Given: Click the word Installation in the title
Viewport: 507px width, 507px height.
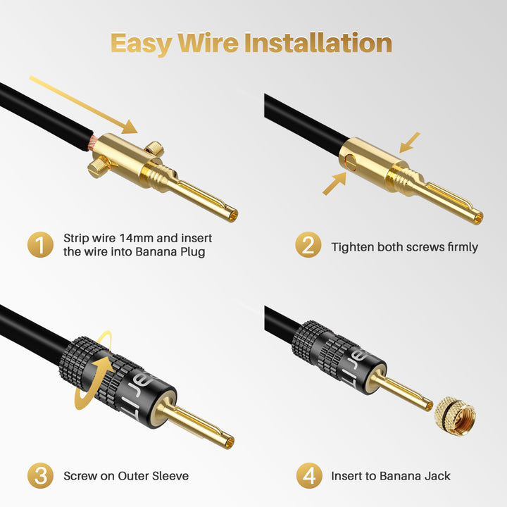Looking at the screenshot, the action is [318, 43].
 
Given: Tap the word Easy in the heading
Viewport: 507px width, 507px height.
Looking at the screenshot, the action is [141, 44].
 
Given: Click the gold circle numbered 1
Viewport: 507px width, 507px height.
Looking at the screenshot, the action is [40, 244].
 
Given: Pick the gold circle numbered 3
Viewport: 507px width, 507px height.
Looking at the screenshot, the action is [40, 475].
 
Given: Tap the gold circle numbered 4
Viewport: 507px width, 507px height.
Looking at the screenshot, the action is [309, 475].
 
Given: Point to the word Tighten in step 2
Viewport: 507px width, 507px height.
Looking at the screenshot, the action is [353, 247].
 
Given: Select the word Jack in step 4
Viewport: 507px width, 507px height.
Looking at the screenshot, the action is [437, 476].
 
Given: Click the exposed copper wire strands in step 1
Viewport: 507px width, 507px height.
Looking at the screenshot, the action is [89, 143].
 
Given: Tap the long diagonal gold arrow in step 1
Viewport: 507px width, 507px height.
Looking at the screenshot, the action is [83, 105].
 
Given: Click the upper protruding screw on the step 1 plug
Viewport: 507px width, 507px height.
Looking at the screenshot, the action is [154, 147].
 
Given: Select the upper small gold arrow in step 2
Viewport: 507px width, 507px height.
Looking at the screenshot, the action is [409, 142].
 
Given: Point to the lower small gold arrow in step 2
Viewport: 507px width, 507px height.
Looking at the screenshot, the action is [334, 184].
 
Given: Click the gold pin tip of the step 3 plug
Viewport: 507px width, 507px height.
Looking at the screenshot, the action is [227, 442].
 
